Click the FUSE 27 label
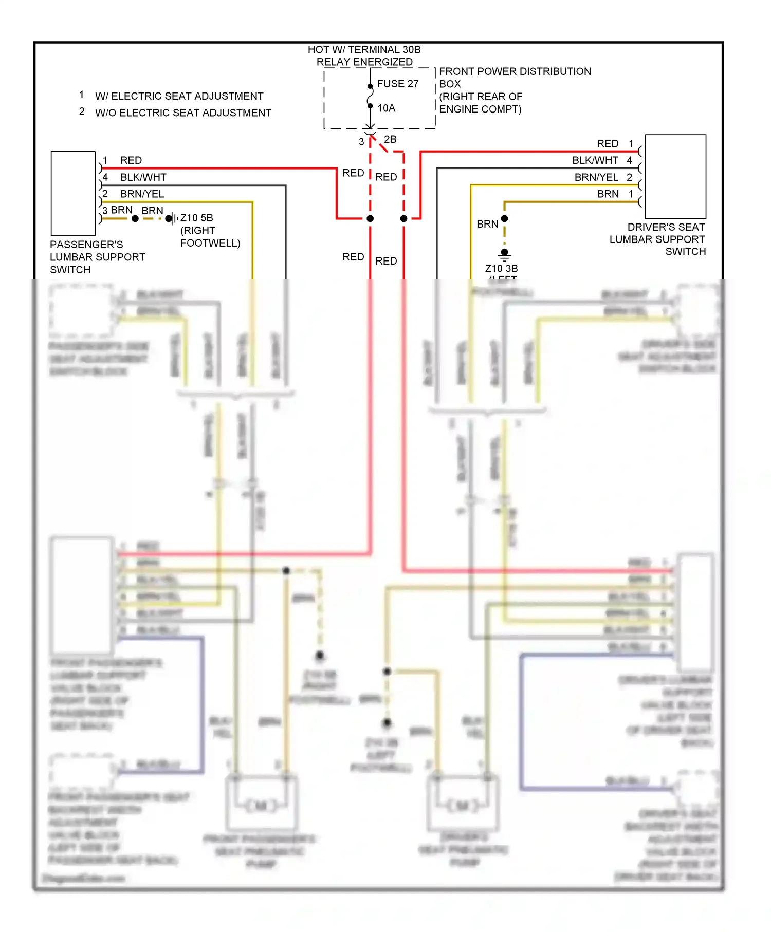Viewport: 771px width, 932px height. [397, 84]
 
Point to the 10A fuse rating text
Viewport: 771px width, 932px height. [386, 108]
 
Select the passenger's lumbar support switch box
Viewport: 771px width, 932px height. [73, 193]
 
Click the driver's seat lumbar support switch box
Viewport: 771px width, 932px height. [675, 176]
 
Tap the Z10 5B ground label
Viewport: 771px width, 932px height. [196, 218]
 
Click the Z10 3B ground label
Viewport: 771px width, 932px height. [501, 268]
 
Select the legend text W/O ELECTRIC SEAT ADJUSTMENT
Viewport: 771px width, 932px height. [183, 113]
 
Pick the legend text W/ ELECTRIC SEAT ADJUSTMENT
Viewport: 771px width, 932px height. [179, 96]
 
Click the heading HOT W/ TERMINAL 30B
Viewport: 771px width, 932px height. [364, 50]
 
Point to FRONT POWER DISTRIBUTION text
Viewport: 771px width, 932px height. [515, 71]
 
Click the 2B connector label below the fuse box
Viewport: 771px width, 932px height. [390, 139]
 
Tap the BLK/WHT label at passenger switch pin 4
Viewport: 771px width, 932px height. [143, 177]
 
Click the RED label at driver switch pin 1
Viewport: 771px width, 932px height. [607, 144]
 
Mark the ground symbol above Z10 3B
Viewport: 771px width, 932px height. [504, 253]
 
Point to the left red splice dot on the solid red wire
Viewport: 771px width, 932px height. [370, 218]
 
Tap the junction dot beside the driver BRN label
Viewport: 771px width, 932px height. [504, 219]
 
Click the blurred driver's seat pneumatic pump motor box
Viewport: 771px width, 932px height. [463, 804]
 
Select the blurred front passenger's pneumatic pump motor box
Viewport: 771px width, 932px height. [262, 804]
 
